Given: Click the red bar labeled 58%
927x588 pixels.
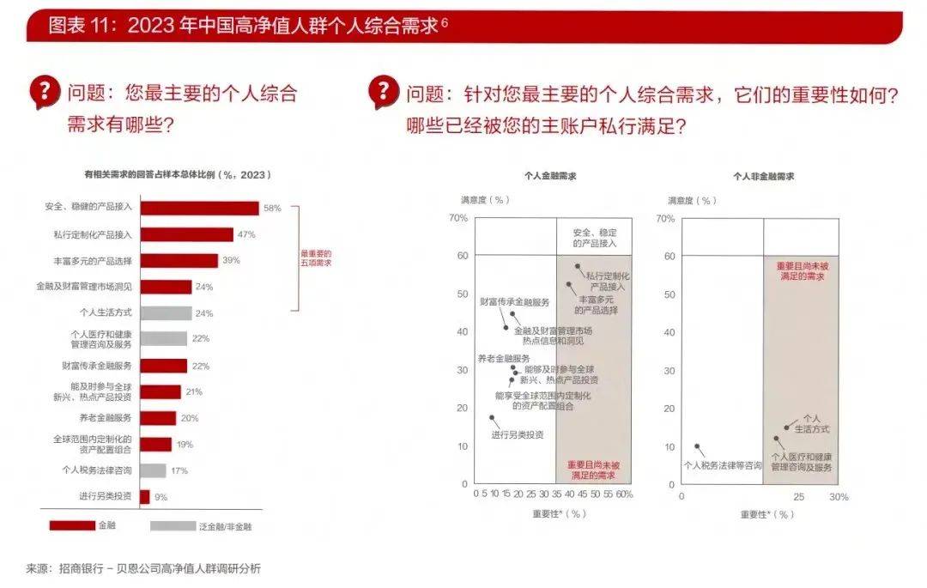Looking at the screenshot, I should coord(199,208).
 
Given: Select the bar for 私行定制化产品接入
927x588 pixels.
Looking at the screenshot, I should coord(186,234).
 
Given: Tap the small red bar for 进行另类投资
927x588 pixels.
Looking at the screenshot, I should coord(144,496).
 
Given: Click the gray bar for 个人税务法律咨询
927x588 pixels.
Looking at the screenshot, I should coord(153,470).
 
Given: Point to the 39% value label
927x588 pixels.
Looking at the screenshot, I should coord(231,260).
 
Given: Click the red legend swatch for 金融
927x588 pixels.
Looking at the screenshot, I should coord(72,525).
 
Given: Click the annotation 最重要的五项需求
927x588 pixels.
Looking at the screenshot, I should coord(315,258).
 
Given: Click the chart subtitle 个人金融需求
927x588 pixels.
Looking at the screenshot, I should coord(550,175).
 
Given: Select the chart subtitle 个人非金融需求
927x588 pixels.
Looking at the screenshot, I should coord(763,175).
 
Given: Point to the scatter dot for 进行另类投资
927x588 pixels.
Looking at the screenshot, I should coord(492,418).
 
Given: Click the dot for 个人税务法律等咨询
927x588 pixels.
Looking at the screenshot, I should coord(697,446).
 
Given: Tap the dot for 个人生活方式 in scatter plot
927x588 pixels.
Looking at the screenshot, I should coord(786,427).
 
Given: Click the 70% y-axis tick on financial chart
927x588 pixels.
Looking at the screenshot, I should coord(458,218).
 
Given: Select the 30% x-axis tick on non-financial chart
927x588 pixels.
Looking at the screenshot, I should coord(838,497).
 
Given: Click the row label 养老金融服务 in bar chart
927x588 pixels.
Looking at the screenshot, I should coord(105,418).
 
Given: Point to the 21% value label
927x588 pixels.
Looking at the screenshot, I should coord(194,391).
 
